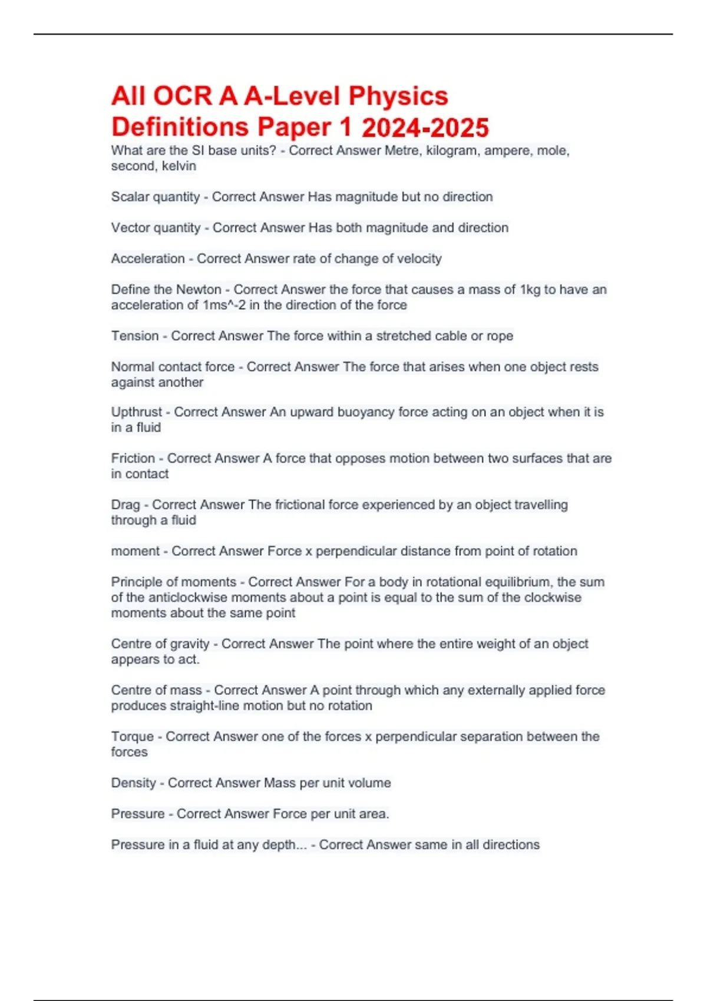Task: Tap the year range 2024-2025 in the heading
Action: [x=425, y=128]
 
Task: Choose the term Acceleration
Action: [x=148, y=258]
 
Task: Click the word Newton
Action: [x=198, y=290]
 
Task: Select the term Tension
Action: [x=135, y=336]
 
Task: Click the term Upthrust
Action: [x=137, y=412]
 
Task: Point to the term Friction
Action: [x=133, y=458]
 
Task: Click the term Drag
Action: [x=125, y=505]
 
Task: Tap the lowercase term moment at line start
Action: [x=136, y=551]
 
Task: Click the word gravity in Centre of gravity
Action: [x=189, y=644]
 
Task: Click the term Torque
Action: [x=133, y=737]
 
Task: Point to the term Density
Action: [x=134, y=783]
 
